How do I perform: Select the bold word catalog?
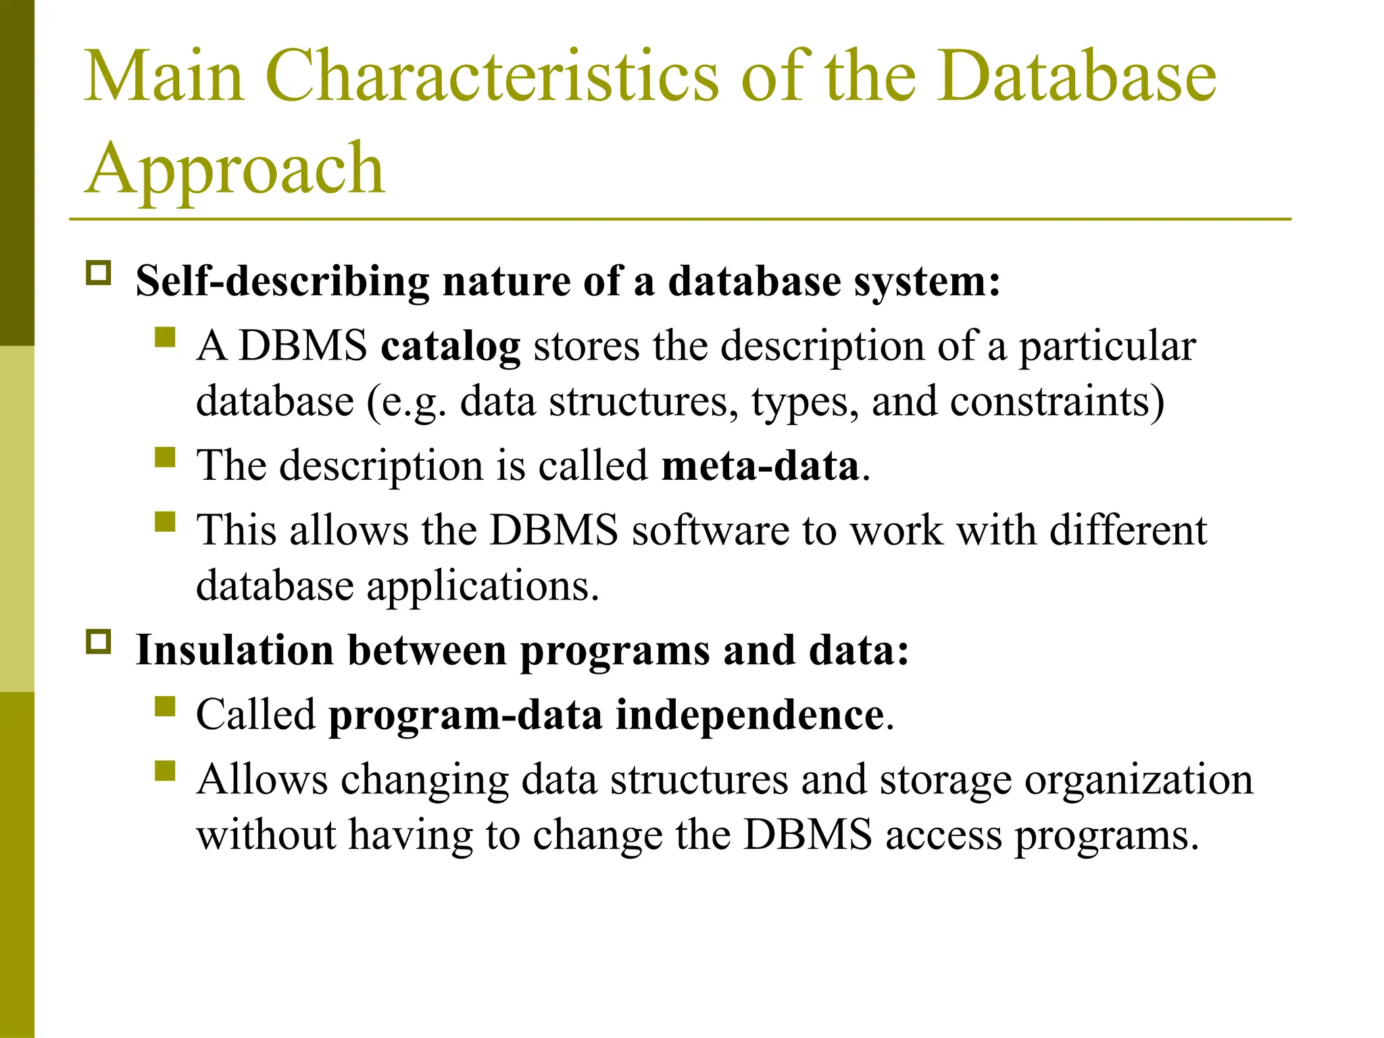click(450, 347)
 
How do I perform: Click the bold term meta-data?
click(760, 466)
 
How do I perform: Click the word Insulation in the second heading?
click(234, 650)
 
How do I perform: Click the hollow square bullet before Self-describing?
click(99, 273)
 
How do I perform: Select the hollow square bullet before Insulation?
click(99, 642)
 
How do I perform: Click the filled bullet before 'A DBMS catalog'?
click(165, 337)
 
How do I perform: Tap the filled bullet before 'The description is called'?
click(165, 458)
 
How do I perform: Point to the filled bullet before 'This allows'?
click(165, 522)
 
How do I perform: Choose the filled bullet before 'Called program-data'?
click(165, 706)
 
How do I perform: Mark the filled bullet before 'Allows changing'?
click(165, 770)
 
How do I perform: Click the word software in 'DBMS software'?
click(710, 530)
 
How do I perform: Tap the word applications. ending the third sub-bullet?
click(483, 587)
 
